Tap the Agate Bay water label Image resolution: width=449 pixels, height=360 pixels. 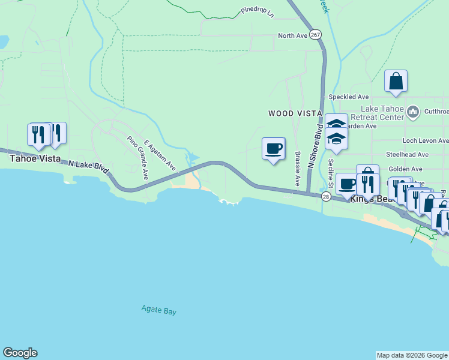tap(158, 311)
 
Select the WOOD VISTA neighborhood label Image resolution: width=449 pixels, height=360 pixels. tap(295, 113)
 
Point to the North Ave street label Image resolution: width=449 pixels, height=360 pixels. tap(292, 36)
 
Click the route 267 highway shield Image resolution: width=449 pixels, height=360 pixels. tap(316, 35)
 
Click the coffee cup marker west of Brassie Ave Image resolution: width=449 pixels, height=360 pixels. tap(273, 148)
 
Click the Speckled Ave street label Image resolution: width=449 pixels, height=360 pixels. tap(348, 97)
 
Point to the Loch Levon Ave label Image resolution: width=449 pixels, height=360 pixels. tap(426, 140)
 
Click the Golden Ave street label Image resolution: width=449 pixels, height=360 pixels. tap(405, 169)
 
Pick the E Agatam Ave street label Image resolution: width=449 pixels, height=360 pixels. tap(159, 155)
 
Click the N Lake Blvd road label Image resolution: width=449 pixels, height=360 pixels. tap(88, 167)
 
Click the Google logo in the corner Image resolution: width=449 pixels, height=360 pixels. tap(20, 353)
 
